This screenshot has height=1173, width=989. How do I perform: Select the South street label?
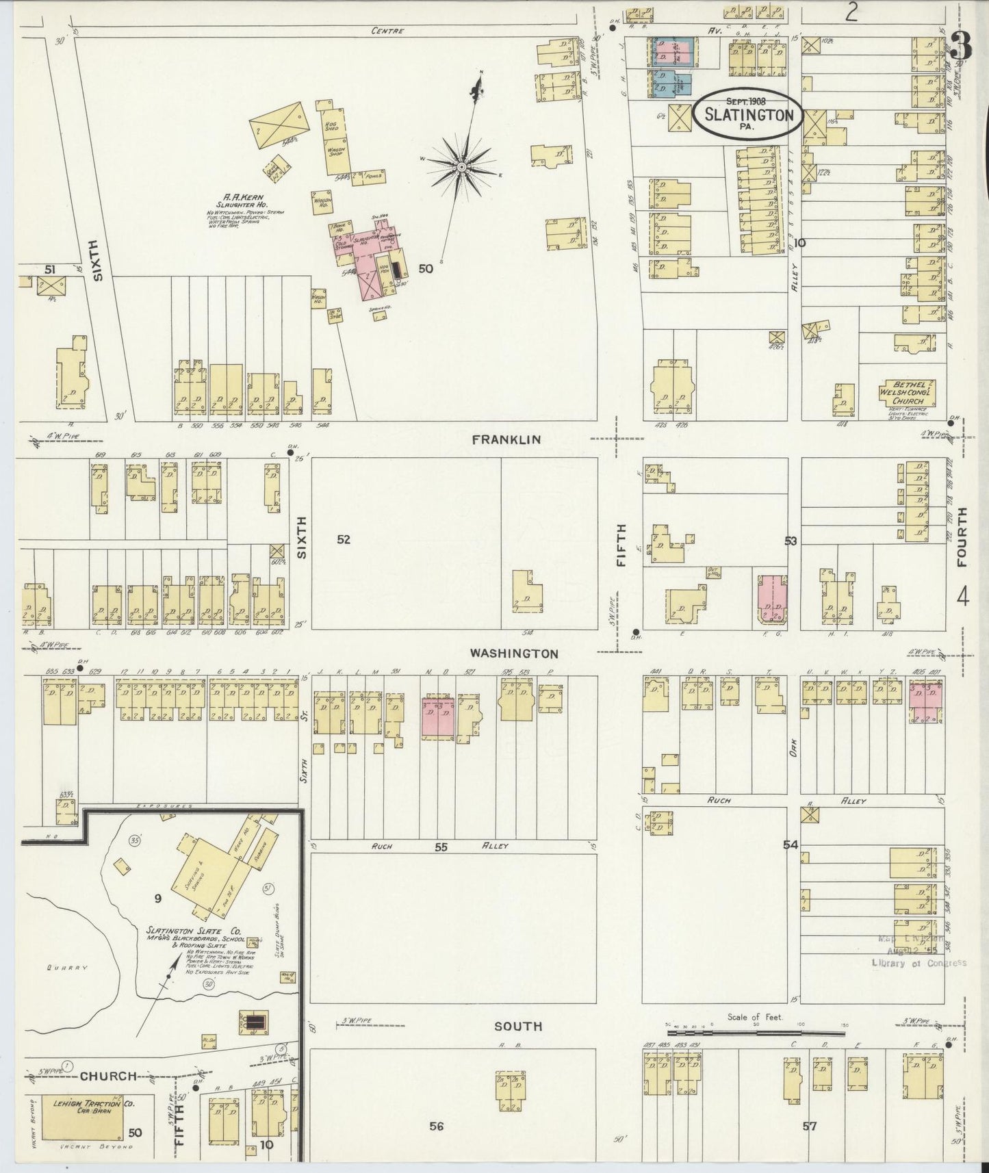(x=518, y=1026)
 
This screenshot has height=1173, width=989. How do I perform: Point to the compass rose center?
(x=461, y=166)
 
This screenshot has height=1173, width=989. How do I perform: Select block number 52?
(x=344, y=539)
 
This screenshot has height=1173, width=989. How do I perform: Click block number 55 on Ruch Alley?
(x=441, y=847)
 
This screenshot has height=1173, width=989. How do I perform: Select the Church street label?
(x=108, y=1076)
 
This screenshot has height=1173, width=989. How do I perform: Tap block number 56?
(x=436, y=1126)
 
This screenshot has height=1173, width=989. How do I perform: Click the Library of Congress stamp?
(x=917, y=962)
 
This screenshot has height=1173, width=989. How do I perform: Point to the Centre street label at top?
(x=387, y=31)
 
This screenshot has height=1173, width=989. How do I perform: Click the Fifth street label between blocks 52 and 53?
(x=621, y=545)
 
